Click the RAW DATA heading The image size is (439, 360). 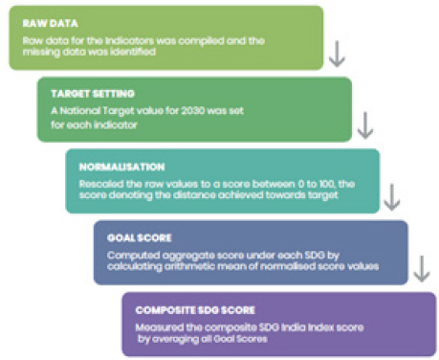point(50,23)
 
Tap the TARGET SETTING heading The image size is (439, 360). point(93,94)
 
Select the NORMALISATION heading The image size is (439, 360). point(121,167)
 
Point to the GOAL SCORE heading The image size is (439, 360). point(140,237)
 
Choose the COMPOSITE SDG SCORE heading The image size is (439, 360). point(195,310)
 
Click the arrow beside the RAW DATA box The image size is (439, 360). point(337,54)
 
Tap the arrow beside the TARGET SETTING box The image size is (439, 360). point(365,125)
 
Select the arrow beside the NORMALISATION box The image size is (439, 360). point(392,197)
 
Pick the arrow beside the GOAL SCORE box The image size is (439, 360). point(422,269)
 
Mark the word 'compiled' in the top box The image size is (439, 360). point(201,41)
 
